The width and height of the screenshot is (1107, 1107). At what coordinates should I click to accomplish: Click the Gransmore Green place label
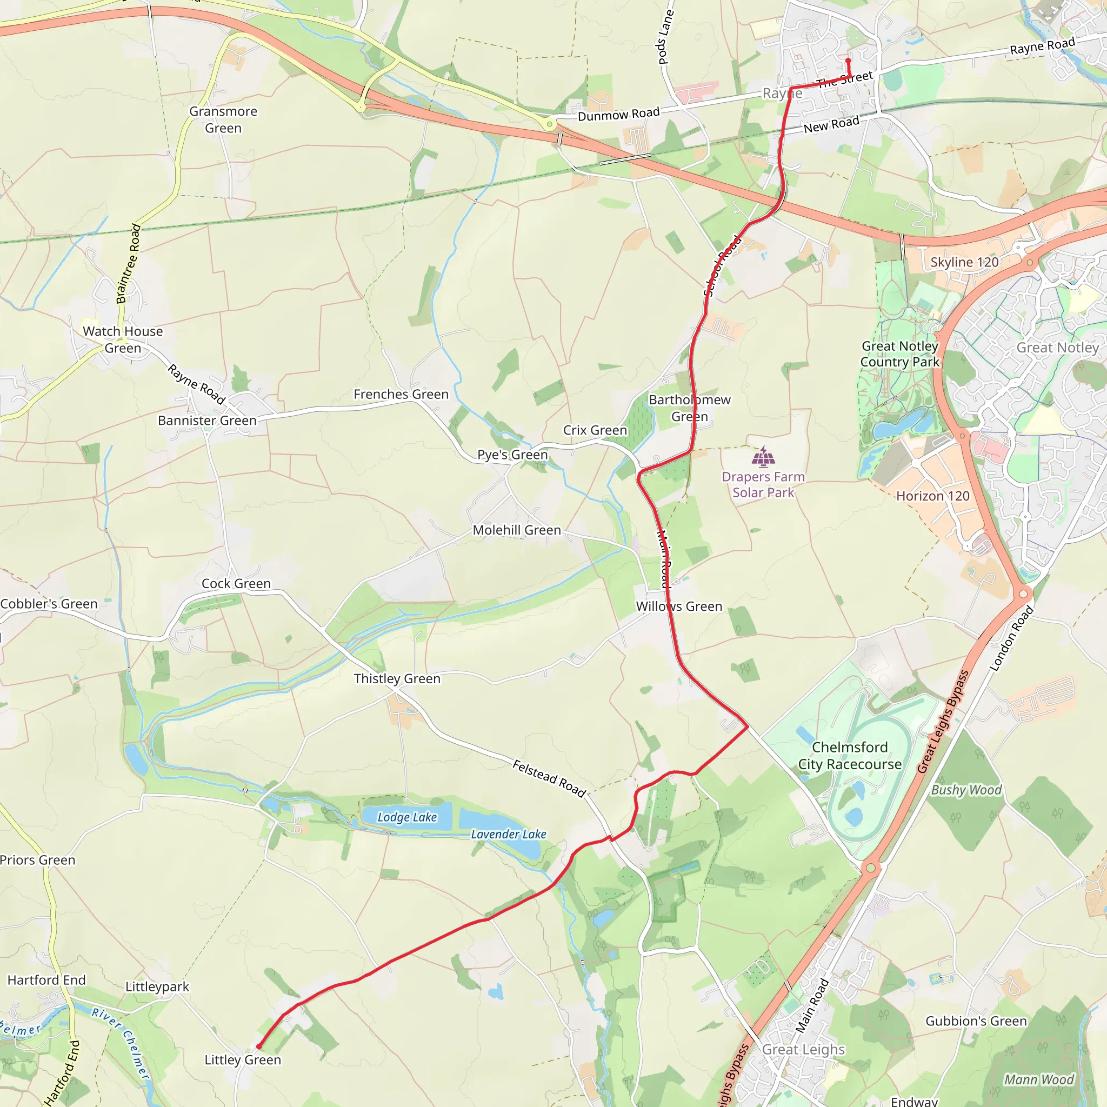point(223,120)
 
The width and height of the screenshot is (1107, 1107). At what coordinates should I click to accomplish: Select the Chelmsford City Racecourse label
point(850,755)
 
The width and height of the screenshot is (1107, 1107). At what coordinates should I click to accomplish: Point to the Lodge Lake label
point(407,817)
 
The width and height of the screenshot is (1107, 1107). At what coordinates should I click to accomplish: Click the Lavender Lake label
point(508,834)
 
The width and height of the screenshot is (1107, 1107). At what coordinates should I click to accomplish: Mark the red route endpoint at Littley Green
point(259,1046)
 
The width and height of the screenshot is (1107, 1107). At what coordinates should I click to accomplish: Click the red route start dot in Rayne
point(848,60)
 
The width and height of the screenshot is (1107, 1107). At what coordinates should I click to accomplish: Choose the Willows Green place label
point(679,606)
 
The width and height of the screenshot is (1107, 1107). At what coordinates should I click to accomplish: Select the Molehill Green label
point(517,530)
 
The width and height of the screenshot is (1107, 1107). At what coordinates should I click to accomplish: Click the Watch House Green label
point(123,339)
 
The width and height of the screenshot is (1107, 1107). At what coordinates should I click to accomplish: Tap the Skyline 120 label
point(964,262)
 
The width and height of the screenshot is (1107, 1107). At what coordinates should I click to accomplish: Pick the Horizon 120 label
point(933,496)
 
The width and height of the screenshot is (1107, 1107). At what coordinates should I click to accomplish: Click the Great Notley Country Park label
point(899,354)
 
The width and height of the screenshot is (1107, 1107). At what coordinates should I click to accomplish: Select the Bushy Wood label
point(966,790)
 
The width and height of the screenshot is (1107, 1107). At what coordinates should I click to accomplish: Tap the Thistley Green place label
point(397,678)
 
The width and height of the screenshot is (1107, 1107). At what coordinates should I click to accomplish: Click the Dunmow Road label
point(618,114)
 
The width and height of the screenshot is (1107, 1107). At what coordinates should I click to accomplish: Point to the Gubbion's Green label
point(976,1021)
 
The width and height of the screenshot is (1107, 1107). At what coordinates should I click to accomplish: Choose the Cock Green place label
point(236,583)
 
